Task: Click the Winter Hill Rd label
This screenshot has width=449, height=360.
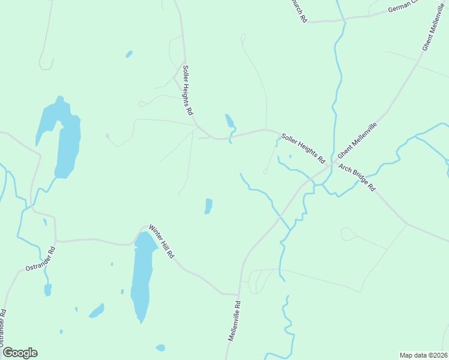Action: click(x=161, y=242)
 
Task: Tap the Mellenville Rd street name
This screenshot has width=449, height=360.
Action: click(x=234, y=321)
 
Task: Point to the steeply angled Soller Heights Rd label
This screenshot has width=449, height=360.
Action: click(x=188, y=90)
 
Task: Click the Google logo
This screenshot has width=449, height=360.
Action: click(x=20, y=353)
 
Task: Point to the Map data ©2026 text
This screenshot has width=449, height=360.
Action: click(x=424, y=355)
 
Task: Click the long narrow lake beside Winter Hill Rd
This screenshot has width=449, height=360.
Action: click(x=142, y=276)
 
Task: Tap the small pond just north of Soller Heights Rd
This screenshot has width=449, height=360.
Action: click(x=229, y=121)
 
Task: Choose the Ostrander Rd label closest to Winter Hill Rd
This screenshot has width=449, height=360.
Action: click(x=41, y=258)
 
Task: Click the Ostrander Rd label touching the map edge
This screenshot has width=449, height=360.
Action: click(x=3, y=327)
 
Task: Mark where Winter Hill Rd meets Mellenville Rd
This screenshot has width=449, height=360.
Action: click(x=240, y=295)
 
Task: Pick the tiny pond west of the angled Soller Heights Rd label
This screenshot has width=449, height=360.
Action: click(x=129, y=54)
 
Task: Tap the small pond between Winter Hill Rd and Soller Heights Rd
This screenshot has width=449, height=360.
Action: click(x=208, y=206)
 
